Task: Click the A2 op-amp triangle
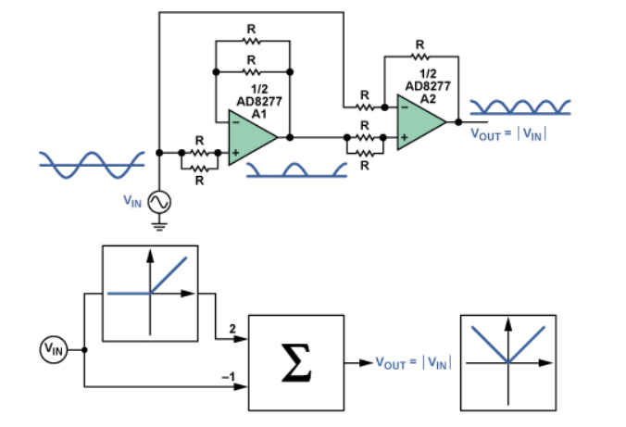(420, 120)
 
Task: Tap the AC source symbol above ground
(159, 200)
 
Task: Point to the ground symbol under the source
(159, 222)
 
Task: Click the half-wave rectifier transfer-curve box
(150, 293)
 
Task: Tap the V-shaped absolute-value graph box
(507, 362)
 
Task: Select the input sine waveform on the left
(90, 160)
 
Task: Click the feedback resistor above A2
(420, 56)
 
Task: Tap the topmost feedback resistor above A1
(252, 42)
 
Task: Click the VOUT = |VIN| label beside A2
(509, 133)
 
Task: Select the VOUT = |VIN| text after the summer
(410, 363)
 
